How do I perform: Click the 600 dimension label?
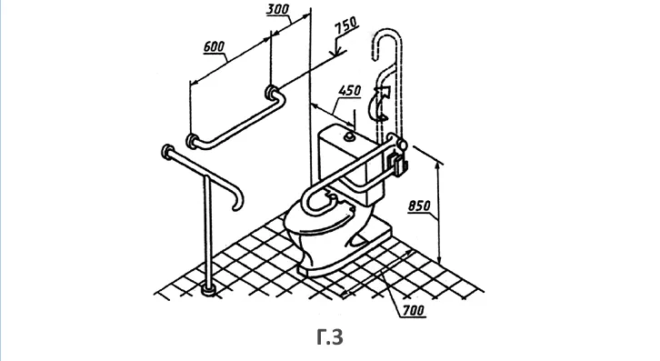click(214, 46)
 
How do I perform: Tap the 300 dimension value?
click(278, 9)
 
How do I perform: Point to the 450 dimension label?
click(350, 91)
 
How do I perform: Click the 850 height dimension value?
click(419, 206)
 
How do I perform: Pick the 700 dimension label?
click(414, 311)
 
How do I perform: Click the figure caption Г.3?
click(330, 337)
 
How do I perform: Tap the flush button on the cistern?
click(349, 135)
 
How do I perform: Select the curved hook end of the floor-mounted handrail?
click(238, 200)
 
